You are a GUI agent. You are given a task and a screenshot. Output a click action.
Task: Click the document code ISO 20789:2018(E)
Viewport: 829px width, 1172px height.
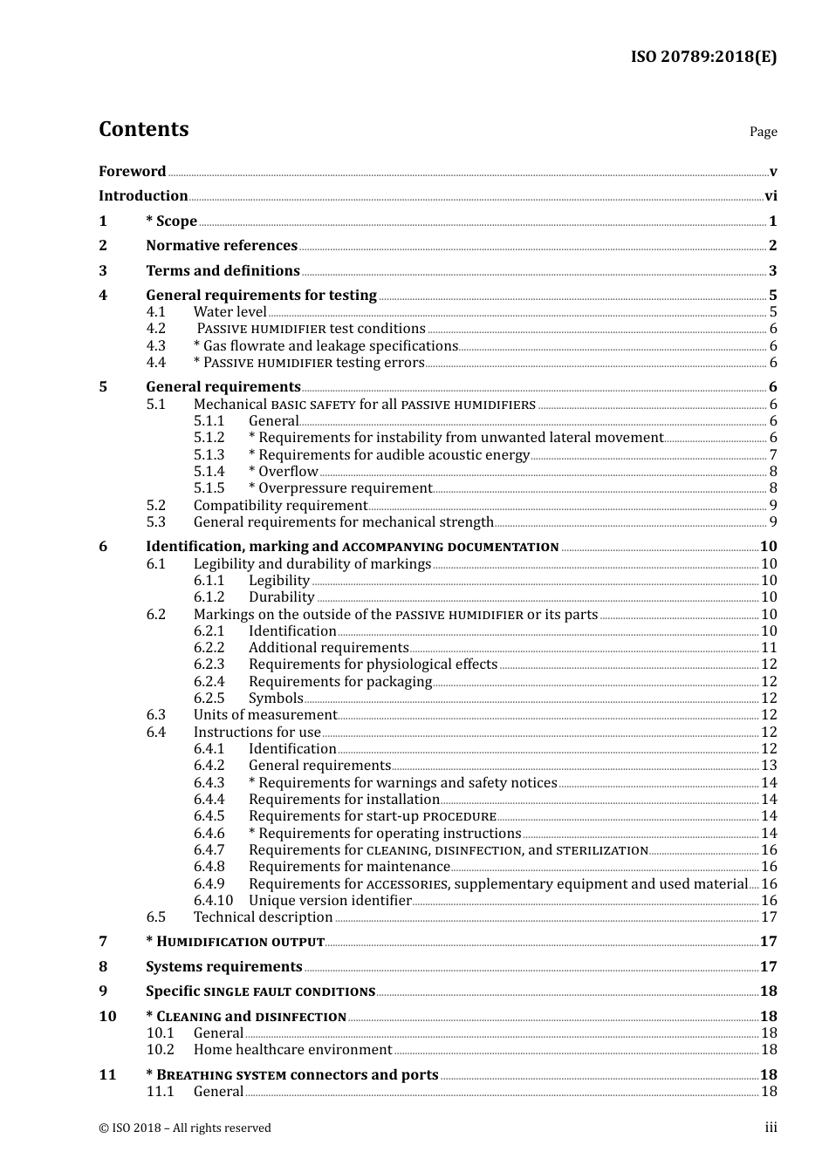(x=703, y=57)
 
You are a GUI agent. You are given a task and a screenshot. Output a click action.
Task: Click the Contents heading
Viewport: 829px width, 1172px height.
(x=143, y=129)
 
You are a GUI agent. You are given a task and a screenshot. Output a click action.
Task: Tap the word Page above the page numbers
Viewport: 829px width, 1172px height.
(x=763, y=132)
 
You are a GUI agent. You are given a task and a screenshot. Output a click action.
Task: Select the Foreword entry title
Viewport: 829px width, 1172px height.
(x=132, y=171)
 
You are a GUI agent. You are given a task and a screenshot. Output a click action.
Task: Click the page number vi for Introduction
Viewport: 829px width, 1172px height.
(x=771, y=196)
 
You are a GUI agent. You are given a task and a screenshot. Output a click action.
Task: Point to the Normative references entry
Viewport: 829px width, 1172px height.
(x=222, y=246)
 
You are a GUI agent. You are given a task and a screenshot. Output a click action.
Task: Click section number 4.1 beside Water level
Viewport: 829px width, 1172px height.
(x=156, y=312)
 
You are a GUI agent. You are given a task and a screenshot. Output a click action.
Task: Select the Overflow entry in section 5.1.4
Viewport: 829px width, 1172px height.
(x=284, y=472)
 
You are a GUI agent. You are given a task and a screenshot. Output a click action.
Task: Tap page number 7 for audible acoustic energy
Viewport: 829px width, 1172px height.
(x=773, y=455)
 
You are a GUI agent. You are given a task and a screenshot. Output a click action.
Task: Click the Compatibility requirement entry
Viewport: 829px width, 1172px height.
(x=280, y=506)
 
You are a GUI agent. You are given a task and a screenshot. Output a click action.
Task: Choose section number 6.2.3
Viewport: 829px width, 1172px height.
(x=209, y=664)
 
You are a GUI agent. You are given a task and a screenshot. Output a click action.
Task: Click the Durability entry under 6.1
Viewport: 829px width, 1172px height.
(x=281, y=597)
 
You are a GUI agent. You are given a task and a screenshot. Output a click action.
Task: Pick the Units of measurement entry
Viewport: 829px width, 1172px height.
(x=265, y=715)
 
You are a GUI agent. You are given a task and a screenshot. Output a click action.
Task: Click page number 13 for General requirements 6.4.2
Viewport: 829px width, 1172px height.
(x=769, y=766)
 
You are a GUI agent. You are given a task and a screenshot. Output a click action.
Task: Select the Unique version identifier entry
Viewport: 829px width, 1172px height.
(x=330, y=901)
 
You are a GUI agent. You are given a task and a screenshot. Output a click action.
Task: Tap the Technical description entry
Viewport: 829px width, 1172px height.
(x=263, y=917)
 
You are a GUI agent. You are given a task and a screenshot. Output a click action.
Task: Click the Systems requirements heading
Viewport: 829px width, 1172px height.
(x=223, y=967)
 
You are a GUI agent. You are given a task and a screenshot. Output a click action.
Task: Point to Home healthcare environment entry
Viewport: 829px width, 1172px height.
(x=292, y=1050)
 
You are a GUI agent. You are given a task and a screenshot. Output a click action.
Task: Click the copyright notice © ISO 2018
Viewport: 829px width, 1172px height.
(x=185, y=1128)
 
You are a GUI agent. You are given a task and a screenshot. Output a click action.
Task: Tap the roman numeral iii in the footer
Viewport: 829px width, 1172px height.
(x=771, y=1128)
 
